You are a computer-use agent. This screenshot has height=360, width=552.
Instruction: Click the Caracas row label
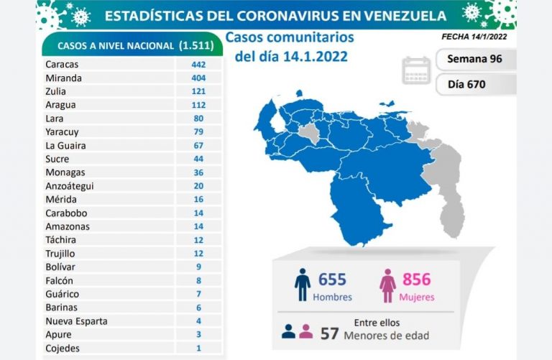(61, 64)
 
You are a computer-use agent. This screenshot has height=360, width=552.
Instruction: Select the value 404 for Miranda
(198, 78)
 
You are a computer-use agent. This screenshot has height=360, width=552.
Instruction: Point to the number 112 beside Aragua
(198, 105)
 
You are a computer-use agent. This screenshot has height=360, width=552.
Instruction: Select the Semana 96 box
(475, 59)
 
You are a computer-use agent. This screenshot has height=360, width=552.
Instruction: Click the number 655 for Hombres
(332, 279)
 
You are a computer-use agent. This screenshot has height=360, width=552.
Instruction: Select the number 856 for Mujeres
(418, 279)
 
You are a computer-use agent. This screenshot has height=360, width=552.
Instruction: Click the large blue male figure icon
(303, 285)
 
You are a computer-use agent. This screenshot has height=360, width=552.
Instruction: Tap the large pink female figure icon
(387, 285)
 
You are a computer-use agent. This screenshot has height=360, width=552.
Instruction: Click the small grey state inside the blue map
(308, 134)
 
